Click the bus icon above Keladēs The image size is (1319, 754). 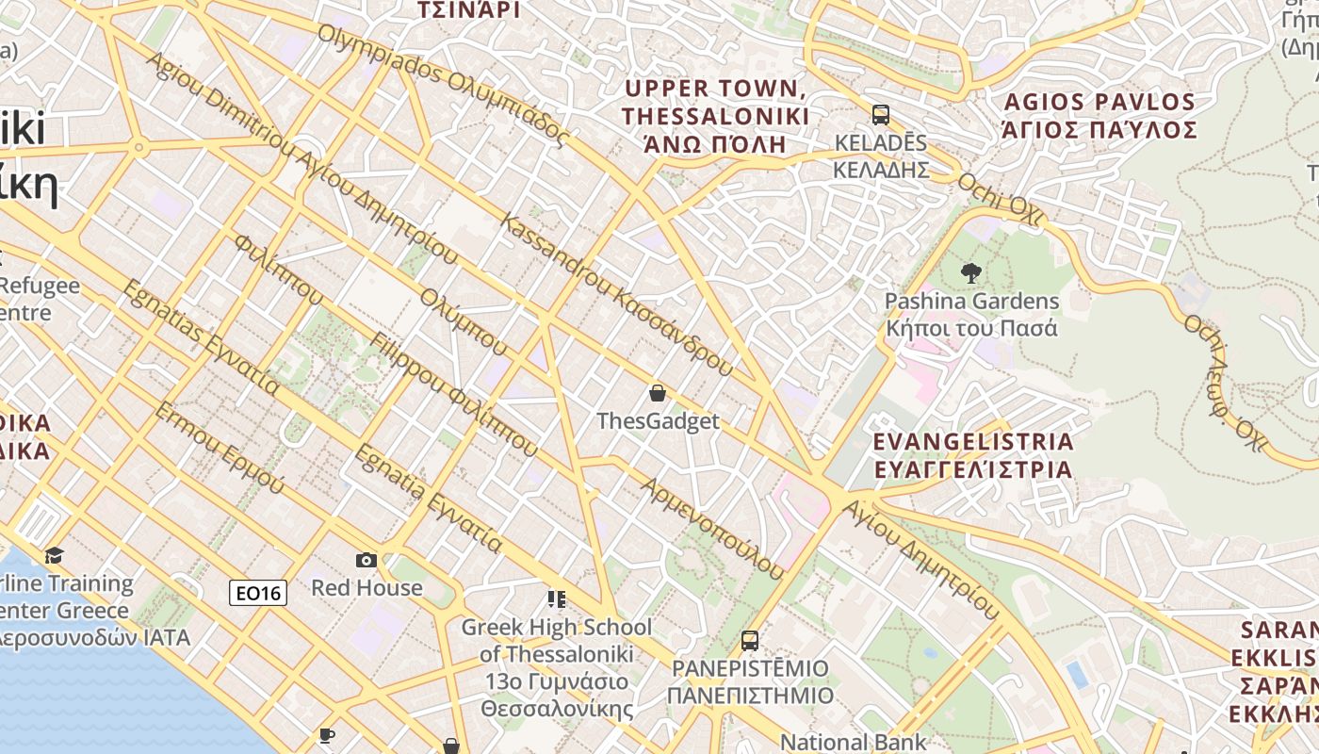[x=880, y=115]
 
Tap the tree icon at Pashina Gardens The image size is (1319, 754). [x=970, y=274]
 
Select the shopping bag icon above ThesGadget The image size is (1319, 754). [x=658, y=393]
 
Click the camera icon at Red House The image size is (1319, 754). [x=366, y=561]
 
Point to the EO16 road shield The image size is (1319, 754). [x=258, y=593]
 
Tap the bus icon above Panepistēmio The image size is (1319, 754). [x=750, y=641]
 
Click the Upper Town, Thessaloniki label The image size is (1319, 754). [x=715, y=116]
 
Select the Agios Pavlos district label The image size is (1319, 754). [x=1099, y=116]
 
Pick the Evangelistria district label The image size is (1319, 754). [x=973, y=455]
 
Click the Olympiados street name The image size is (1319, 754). [x=443, y=85]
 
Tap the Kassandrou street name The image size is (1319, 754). [x=616, y=295]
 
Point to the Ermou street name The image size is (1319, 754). [x=219, y=448]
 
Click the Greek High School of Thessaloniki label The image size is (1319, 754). [x=556, y=666]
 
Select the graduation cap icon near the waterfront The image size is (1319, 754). [x=54, y=555]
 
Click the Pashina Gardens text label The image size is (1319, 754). [x=971, y=315]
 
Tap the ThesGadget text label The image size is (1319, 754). [x=658, y=421]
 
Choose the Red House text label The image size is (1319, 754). [x=366, y=588]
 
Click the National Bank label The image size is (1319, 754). [x=853, y=743]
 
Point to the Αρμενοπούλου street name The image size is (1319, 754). [x=712, y=529]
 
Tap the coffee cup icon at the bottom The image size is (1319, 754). [x=327, y=735]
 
